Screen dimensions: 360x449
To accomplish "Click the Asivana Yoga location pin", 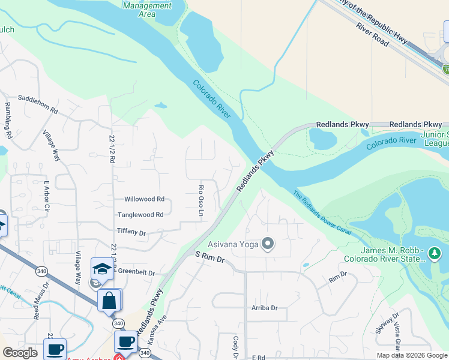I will (x=268, y=244).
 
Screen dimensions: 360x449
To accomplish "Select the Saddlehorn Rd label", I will (x=38, y=112).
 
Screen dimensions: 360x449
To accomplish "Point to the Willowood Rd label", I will (x=144, y=199).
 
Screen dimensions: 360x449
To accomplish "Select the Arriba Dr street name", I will (x=265, y=308).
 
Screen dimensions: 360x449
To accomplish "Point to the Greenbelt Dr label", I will (x=136, y=272).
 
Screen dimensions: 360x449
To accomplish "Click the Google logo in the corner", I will (x=20, y=353).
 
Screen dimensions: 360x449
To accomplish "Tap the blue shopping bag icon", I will (x=109, y=300).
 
